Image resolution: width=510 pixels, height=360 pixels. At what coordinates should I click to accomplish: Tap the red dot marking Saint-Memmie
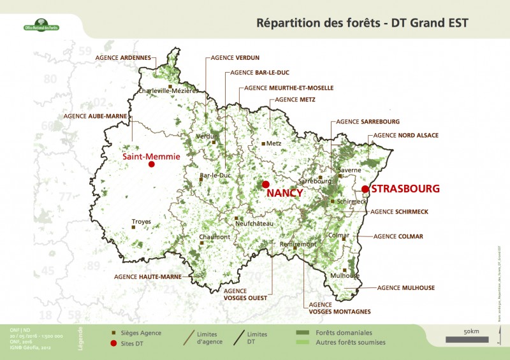tap(152, 164)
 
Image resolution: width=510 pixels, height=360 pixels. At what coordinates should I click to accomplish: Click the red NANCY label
tap(284, 193)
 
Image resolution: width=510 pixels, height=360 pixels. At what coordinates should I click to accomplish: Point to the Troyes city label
tap(142, 222)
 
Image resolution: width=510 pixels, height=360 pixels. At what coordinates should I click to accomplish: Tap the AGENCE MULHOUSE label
tap(405, 288)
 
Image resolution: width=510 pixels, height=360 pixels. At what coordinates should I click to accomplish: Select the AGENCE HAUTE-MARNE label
tap(147, 277)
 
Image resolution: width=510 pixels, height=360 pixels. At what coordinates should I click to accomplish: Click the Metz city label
tap(273, 143)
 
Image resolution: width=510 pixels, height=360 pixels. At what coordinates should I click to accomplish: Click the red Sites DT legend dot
tap(114, 343)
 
